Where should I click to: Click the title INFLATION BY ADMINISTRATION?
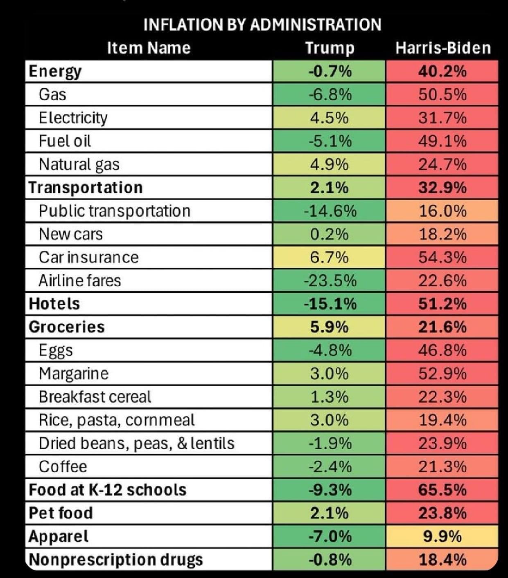[x=262, y=24]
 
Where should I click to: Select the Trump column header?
[x=330, y=48]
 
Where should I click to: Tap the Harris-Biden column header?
[x=443, y=48]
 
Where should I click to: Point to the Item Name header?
[x=149, y=48]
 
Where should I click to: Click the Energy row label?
[x=55, y=72]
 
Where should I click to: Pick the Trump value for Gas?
[x=330, y=94]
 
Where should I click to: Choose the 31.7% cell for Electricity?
[x=443, y=118]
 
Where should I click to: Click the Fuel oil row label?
[x=65, y=141]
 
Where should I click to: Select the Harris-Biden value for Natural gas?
[x=443, y=165]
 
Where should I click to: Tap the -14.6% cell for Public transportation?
[x=330, y=211]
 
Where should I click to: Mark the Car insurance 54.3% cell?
[x=443, y=258]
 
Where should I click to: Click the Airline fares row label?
[x=80, y=280]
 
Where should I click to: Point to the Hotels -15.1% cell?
[x=330, y=304]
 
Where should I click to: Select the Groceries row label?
[x=67, y=327]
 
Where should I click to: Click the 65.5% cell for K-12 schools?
[x=443, y=490]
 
